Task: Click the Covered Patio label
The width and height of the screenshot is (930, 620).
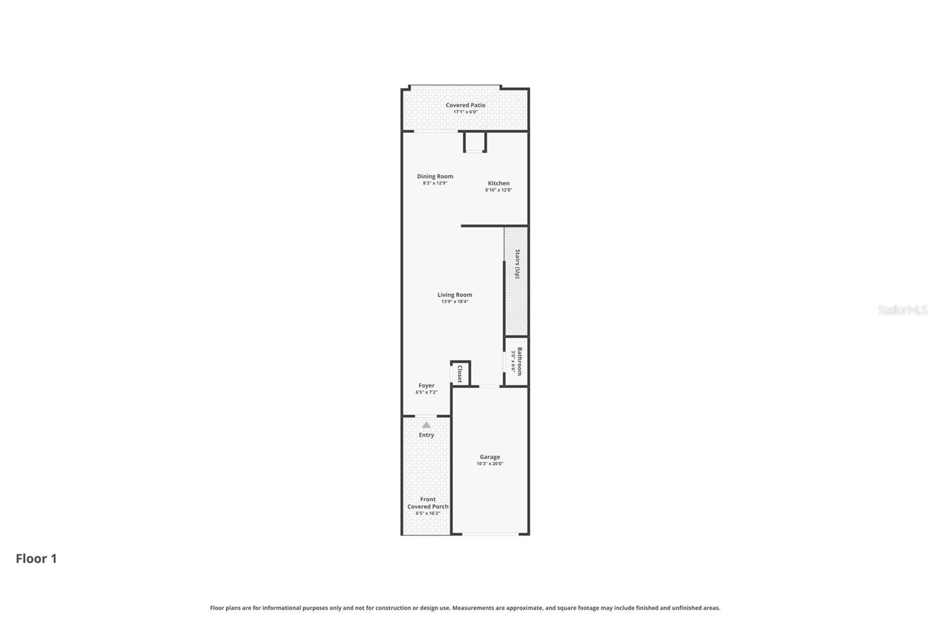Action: coord(465,105)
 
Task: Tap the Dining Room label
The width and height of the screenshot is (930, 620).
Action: coord(435,176)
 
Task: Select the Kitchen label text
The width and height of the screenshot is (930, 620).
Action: coord(498,183)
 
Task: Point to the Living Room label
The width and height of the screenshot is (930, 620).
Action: coord(455,295)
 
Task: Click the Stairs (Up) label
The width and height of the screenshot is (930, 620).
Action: coord(517,264)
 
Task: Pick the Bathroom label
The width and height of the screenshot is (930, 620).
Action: coord(520,361)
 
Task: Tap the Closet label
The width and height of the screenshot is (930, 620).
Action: coord(460,373)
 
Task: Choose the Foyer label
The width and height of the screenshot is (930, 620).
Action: coord(426,386)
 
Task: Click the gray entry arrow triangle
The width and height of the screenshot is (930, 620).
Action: coord(426,425)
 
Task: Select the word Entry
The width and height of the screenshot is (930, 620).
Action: coord(426,435)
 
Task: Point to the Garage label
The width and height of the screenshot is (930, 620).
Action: coord(489,457)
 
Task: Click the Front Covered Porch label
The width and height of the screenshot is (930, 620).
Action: coord(428,503)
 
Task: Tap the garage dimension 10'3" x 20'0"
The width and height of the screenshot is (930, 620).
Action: coord(489,464)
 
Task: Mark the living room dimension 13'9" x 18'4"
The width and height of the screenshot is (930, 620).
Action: coord(455,302)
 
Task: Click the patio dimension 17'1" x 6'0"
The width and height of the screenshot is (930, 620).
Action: coord(465,112)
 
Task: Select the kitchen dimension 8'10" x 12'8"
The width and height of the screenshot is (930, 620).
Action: coord(498,190)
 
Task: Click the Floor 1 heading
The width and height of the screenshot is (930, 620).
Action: coord(36,559)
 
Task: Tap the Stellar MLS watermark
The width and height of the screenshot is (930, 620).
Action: coord(902,310)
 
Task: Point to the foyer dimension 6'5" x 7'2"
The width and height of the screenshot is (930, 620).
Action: coord(426,393)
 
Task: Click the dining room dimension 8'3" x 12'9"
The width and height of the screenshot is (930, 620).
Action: coord(435,183)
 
